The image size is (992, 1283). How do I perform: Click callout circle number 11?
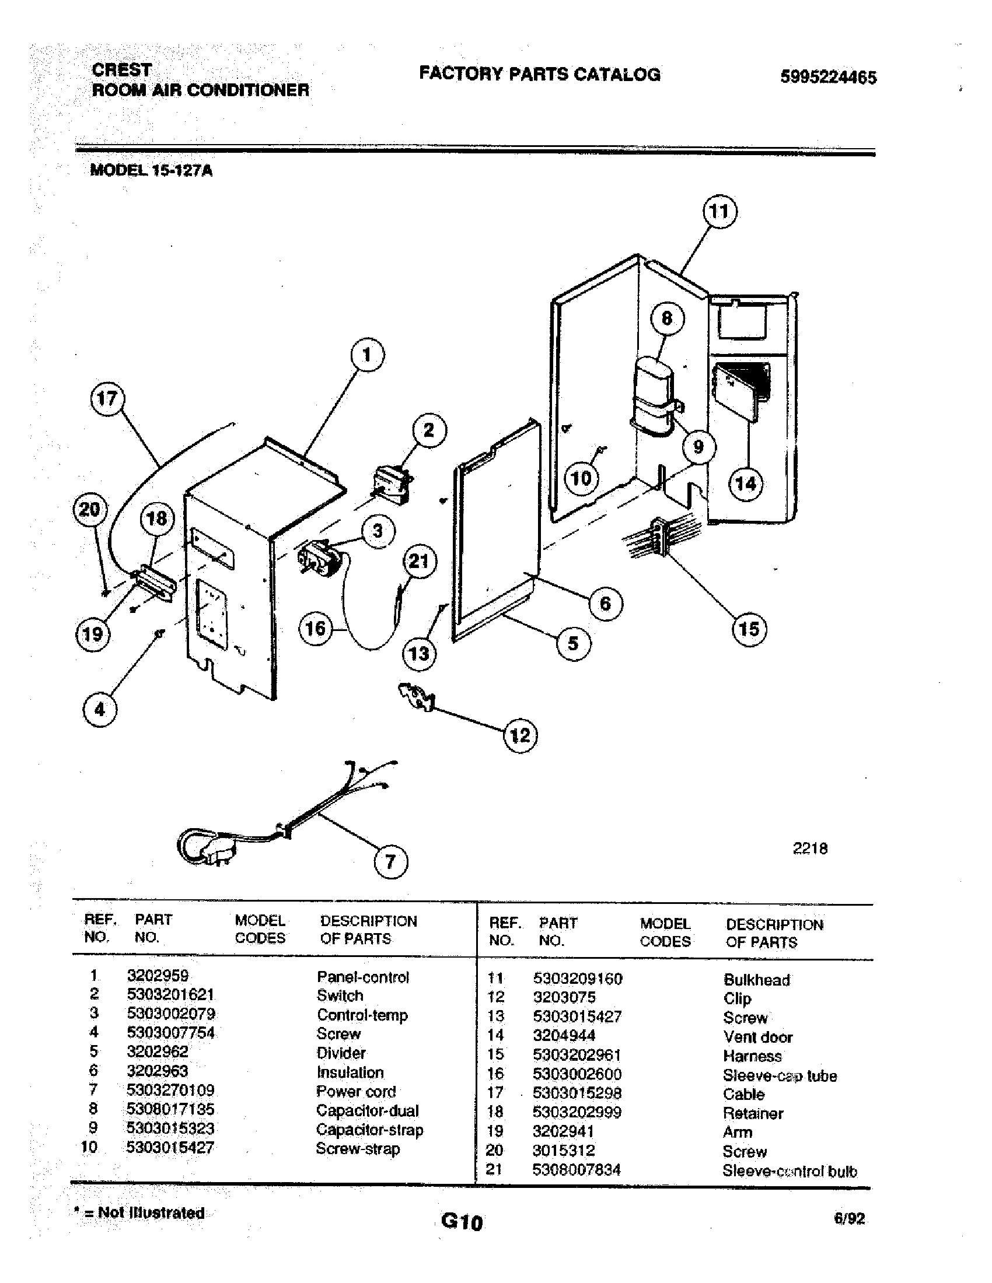(720, 212)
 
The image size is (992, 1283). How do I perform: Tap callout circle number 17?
(107, 399)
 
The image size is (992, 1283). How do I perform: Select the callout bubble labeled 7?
(391, 862)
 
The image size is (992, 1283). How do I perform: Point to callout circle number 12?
(521, 735)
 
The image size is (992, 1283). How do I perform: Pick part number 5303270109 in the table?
(170, 1091)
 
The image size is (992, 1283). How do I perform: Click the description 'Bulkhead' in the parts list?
(756, 980)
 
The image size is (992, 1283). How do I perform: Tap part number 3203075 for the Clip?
(564, 997)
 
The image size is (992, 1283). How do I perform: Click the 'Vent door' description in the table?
(757, 1037)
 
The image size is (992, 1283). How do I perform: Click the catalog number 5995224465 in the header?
(828, 77)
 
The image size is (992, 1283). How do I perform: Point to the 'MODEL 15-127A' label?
(151, 171)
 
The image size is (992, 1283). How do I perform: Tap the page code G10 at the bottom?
(462, 1222)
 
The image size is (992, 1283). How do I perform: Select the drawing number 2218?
(810, 849)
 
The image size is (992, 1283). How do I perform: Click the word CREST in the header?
(121, 70)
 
